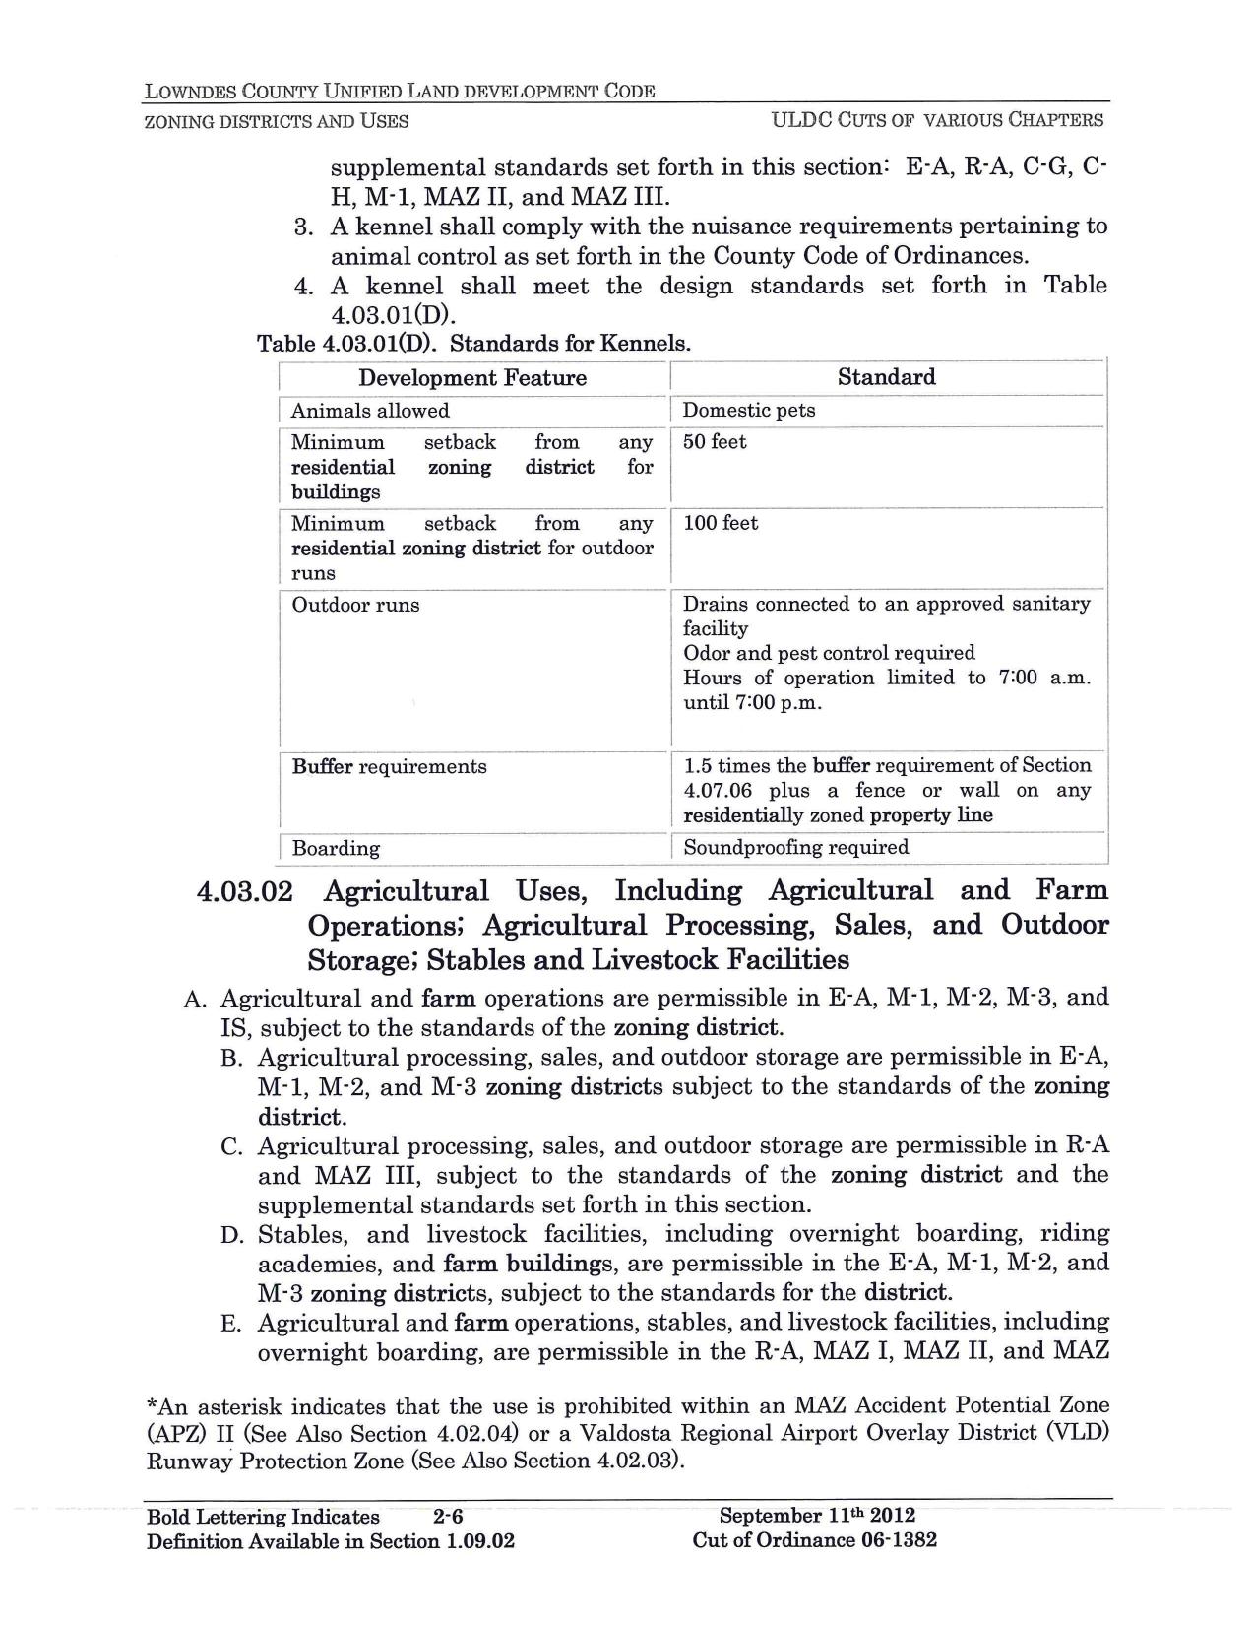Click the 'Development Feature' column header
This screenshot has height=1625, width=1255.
[x=471, y=378]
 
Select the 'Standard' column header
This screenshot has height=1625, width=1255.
[x=886, y=377]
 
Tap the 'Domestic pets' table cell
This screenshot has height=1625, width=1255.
[x=749, y=411]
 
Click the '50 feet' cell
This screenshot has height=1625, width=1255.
[x=715, y=442]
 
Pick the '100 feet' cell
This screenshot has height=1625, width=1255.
[x=721, y=523]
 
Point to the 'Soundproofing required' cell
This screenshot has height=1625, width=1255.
[x=795, y=847]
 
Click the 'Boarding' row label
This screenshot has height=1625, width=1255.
[x=336, y=848]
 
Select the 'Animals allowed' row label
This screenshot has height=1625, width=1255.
[x=370, y=411]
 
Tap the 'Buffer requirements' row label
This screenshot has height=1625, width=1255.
[x=389, y=766]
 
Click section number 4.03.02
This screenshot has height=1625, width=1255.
[x=245, y=892]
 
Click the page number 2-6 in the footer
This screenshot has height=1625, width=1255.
[x=448, y=1517]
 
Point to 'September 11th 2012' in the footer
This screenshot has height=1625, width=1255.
[x=817, y=1516]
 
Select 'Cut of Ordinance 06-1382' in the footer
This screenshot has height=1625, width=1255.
[x=815, y=1540]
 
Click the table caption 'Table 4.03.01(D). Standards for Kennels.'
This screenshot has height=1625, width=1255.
[x=473, y=344]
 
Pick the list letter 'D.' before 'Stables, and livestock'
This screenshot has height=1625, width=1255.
[x=231, y=1235]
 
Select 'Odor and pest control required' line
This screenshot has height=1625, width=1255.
[x=829, y=653]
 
